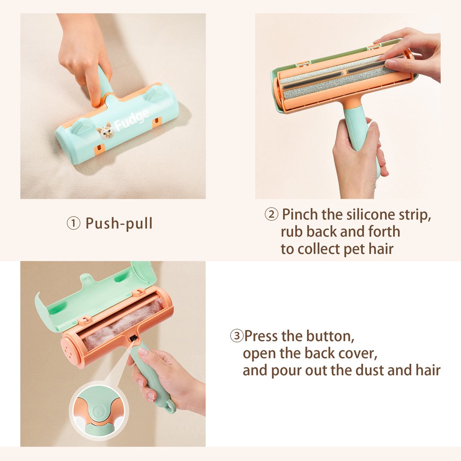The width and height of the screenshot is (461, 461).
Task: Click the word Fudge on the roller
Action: click(132, 119)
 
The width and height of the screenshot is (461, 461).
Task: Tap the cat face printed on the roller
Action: click(106, 131)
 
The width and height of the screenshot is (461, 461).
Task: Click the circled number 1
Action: click(73, 224)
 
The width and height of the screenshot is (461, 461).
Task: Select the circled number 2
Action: click(272, 214)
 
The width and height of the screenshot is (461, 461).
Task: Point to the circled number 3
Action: click(236, 336)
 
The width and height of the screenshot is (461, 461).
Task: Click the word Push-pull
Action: click(119, 224)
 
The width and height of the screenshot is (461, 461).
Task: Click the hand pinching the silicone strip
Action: click(412, 54)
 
